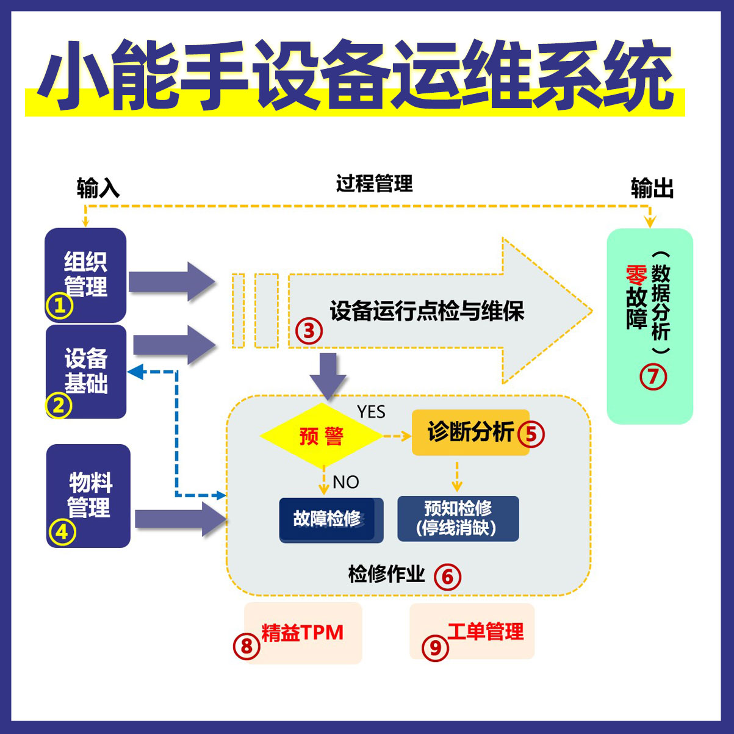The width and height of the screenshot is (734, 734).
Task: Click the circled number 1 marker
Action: [60, 306]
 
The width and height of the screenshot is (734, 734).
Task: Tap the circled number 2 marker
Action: [59, 405]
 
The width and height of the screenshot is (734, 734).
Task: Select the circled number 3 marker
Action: [309, 331]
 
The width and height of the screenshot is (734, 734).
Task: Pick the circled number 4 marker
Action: [62, 532]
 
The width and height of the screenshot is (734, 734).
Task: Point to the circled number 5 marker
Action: [530, 434]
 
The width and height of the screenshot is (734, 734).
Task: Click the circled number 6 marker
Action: [447, 577]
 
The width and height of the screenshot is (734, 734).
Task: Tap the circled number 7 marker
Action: [653, 376]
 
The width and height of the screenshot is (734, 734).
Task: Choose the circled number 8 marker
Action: [246, 646]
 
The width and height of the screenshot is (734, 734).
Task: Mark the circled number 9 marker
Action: [435, 646]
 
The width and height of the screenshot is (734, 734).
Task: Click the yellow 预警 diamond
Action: [321, 436]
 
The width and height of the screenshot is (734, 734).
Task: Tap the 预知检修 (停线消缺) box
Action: [458, 519]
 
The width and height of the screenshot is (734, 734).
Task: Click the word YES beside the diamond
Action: [371, 412]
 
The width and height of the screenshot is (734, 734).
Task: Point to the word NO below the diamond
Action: [345, 482]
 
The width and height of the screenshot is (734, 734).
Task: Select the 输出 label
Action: [652, 189]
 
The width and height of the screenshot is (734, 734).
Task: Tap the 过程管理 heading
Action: [374, 183]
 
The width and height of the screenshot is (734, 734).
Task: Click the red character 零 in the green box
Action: [636, 275]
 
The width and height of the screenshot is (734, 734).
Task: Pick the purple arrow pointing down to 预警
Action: [328, 375]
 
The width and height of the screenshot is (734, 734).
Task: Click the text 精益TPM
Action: [303, 632]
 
